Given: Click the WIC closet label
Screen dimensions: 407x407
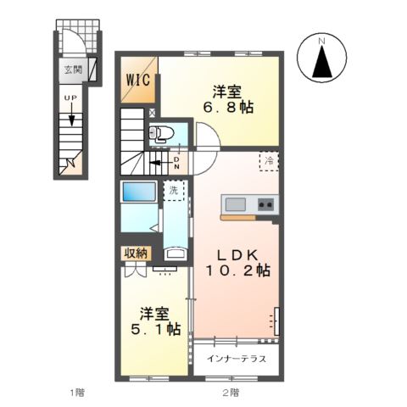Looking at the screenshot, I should [138, 81].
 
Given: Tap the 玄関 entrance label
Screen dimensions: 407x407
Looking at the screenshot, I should [73, 70].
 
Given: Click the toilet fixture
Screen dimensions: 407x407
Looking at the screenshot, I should [161, 132].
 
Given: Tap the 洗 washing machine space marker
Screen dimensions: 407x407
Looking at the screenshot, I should [174, 190].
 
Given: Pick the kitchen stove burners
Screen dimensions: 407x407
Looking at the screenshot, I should [265, 204].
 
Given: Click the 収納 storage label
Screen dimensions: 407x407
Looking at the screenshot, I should [136, 252].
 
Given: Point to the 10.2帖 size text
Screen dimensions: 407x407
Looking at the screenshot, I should [238, 272].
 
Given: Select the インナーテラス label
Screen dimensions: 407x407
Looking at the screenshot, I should [237, 359].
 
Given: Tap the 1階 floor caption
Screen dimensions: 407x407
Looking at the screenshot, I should [77, 393].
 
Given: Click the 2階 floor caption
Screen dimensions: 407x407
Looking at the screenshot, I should [231, 393].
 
